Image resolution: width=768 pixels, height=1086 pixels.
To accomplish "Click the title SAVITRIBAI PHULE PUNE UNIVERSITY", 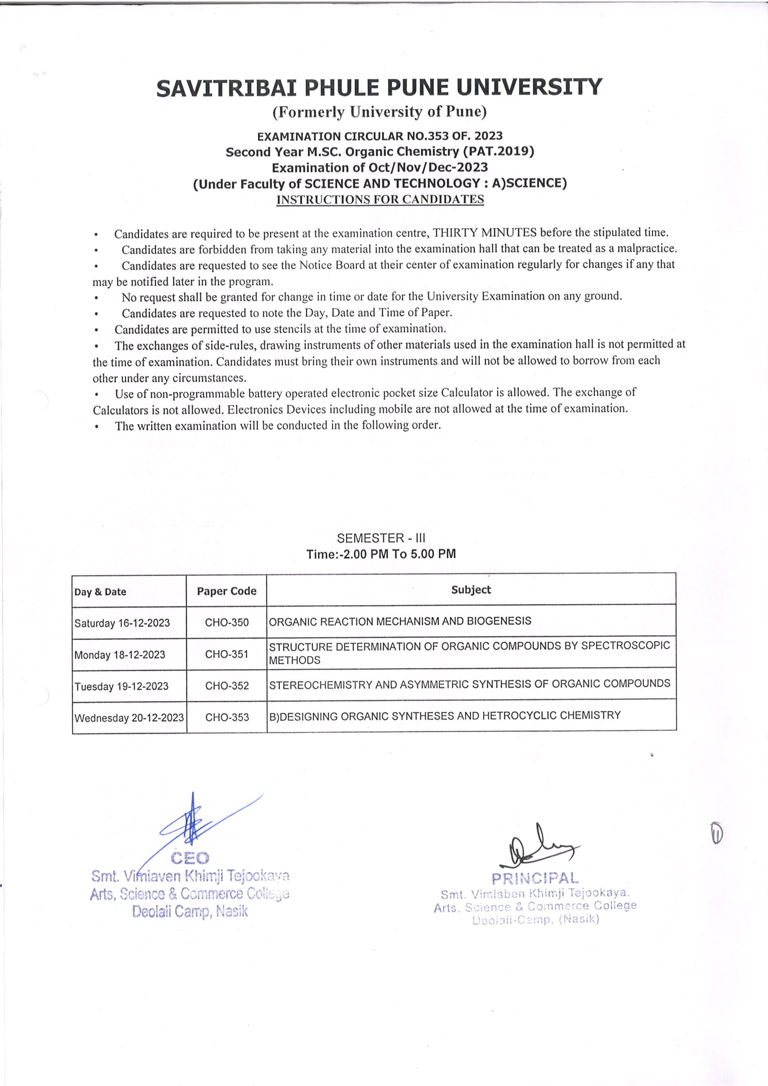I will [x=379, y=88].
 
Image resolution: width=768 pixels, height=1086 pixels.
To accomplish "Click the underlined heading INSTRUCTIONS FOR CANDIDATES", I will [x=380, y=200].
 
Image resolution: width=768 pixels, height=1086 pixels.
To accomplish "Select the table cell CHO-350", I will [x=227, y=622].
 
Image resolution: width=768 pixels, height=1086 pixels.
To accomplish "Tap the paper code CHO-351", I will [x=227, y=654].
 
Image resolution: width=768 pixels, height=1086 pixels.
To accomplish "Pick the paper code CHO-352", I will [x=227, y=686].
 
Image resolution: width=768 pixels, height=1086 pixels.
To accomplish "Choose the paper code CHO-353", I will [x=227, y=717].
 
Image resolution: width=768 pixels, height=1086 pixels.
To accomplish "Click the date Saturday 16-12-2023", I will [x=122, y=623].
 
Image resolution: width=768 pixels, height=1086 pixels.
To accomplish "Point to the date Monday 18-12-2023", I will [x=120, y=655].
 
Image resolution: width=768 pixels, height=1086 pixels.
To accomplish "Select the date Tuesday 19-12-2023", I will [x=121, y=686].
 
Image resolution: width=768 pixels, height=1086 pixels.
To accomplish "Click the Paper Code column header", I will [x=227, y=591].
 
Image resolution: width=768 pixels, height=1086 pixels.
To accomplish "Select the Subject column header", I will [x=471, y=590].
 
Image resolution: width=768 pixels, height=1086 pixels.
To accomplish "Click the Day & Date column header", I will [x=100, y=592].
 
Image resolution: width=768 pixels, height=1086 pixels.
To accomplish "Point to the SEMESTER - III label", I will [x=381, y=538].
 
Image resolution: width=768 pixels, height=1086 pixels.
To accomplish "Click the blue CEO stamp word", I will [x=190, y=857].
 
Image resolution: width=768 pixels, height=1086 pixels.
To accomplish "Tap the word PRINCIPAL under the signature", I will [x=535, y=879].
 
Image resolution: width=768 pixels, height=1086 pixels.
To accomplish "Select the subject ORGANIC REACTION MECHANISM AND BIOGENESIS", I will [x=400, y=621].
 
